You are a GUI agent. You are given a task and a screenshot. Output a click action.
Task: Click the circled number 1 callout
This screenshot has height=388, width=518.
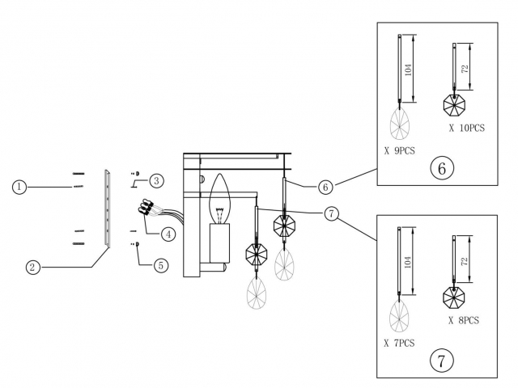point(19,187)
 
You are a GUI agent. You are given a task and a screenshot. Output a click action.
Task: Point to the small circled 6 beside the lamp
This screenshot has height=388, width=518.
point(324,187)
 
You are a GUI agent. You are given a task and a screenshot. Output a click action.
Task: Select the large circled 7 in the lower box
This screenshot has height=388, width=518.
point(440,361)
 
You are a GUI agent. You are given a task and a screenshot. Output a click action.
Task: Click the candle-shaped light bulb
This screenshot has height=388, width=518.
point(219,200)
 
